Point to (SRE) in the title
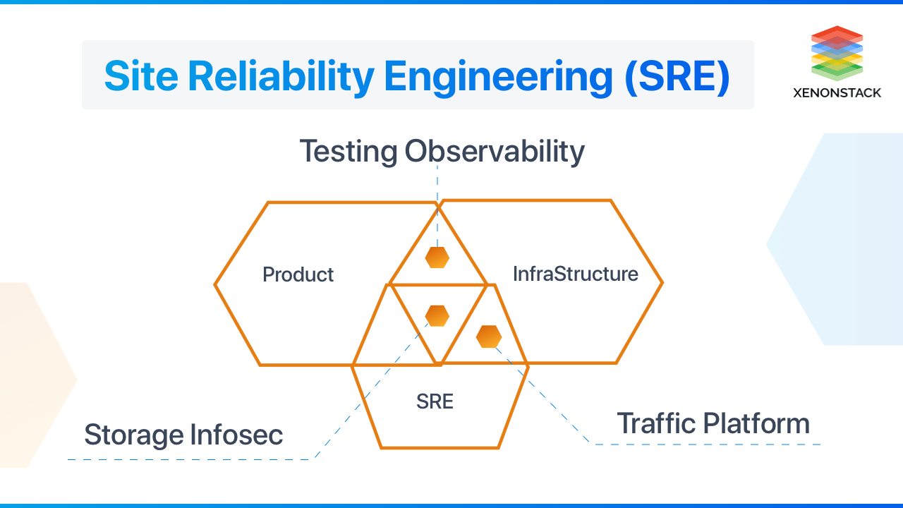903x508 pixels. coord(677,76)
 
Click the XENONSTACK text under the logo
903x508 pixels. coord(837,92)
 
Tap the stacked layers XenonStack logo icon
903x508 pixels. coord(837,53)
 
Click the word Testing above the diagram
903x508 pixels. coord(349,152)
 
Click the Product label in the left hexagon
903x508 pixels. coord(298,274)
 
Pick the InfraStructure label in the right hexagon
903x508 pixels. coord(575,274)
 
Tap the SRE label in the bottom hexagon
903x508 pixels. coord(435,402)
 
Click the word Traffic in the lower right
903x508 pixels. coord(661,423)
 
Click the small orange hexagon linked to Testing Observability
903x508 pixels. coord(437,258)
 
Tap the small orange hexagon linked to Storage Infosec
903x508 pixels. coord(437,315)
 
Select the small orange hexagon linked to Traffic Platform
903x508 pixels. coord(488,337)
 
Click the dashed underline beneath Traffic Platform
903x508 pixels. coord(705,445)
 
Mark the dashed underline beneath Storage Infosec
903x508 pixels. coord(190,459)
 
